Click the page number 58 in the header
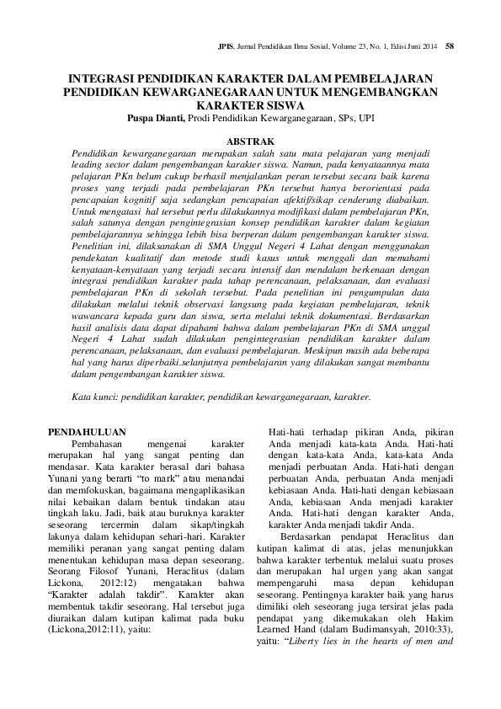[450, 45]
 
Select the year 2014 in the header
[429, 45]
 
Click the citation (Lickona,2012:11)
[93, 629]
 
